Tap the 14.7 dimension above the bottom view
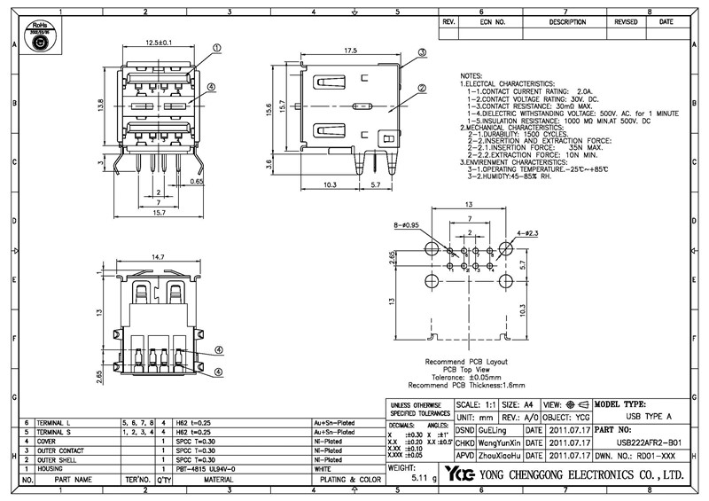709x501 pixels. [x=158, y=257]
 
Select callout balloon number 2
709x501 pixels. [x=423, y=88]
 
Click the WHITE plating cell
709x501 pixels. [x=322, y=469]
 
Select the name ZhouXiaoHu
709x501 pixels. [x=499, y=455]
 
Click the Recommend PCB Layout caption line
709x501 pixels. [x=466, y=362]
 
